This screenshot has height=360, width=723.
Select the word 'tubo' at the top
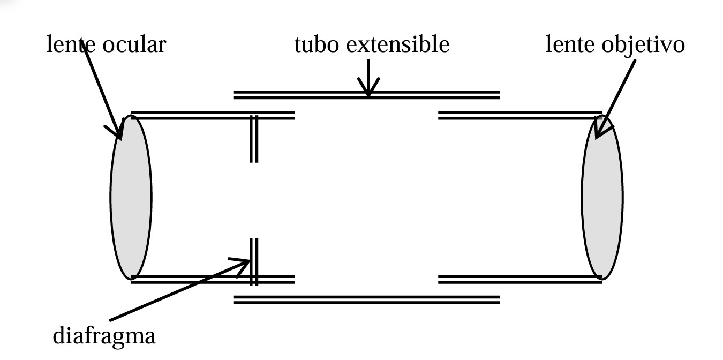tap(316, 45)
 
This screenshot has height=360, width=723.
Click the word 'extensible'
tap(397, 45)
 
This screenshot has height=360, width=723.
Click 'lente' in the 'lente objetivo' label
tap(569, 45)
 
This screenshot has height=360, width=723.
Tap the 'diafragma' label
tap(104, 336)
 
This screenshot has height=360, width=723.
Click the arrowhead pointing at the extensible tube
tap(368, 89)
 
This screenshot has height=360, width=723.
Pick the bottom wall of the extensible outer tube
tap(366, 299)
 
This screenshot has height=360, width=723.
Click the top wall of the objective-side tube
tap(519, 115)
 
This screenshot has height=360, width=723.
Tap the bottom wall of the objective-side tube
tap(519, 279)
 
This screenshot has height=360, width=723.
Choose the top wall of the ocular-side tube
tap(213, 115)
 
